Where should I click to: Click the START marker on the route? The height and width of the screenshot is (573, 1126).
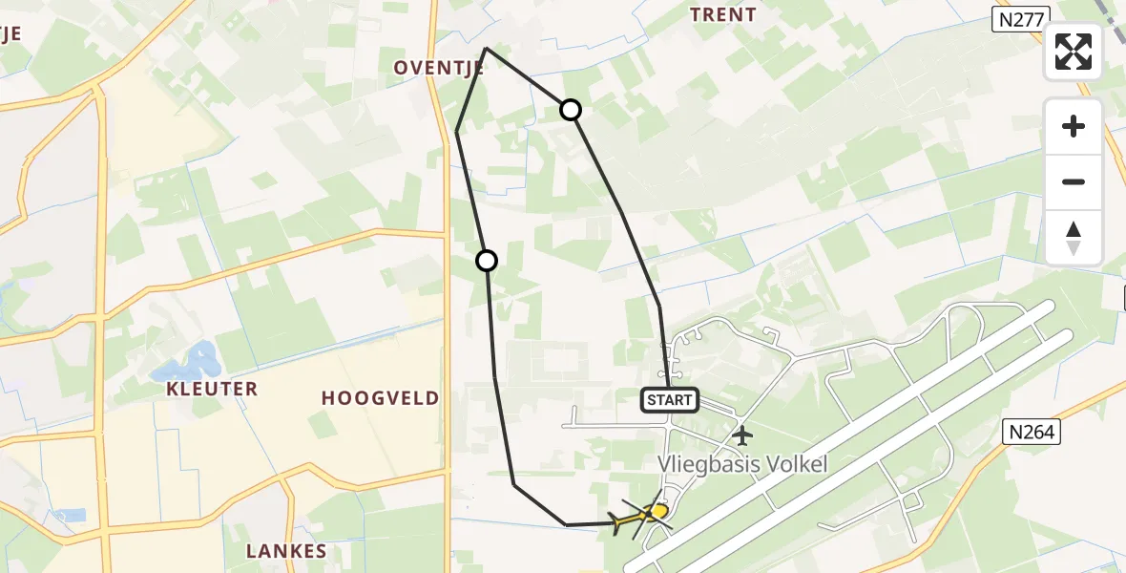click(670, 400)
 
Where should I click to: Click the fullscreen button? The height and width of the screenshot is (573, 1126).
click(1074, 52)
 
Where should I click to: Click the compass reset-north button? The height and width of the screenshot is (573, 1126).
click(1074, 238)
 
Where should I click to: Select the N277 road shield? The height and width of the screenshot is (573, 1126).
click(1020, 19)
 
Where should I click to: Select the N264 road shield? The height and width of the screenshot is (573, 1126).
click(1032, 433)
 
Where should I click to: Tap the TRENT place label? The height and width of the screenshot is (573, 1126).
click(723, 15)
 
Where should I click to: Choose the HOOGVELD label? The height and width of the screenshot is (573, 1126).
click(381, 398)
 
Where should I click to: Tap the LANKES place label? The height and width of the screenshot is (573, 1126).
click(286, 551)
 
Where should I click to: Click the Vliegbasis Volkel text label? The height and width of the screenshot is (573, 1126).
click(742, 464)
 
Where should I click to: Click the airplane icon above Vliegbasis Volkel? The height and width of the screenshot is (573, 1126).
click(742, 435)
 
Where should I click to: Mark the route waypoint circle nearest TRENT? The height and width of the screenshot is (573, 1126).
click(571, 110)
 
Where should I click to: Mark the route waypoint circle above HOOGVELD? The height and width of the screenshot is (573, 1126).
click(487, 260)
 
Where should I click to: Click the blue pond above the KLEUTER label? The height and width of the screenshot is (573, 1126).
click(190, 364)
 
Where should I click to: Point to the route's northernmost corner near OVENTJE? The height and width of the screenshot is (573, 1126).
click(486, 48)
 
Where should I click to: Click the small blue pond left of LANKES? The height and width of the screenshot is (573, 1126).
click(71, 516)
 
